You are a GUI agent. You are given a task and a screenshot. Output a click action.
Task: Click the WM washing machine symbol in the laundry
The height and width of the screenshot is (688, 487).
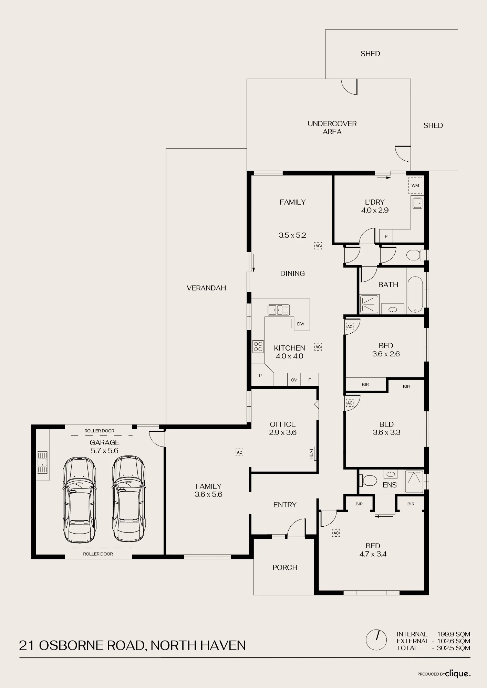[415, 185]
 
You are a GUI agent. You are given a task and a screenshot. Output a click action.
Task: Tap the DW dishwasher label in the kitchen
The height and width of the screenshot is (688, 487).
[301, 324]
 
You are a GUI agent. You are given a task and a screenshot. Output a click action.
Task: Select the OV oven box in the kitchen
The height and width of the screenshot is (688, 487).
[294, 380]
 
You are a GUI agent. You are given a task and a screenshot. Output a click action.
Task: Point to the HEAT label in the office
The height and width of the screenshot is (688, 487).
[312, 453]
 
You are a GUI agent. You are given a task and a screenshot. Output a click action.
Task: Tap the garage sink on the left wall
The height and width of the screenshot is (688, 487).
[42, 462]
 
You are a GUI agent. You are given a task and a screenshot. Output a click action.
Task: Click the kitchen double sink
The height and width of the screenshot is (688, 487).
[279, 310]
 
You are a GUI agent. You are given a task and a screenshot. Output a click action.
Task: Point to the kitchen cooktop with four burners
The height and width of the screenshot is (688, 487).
[258, 346]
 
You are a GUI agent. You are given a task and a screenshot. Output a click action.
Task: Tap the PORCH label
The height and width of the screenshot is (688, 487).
[285, 567]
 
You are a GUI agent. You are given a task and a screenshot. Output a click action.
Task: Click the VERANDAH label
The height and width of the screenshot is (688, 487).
[206, 288]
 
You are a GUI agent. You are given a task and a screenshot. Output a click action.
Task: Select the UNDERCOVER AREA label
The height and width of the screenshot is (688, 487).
[332, 128]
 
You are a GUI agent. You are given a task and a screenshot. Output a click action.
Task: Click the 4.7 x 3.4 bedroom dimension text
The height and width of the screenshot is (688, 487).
[373, 554]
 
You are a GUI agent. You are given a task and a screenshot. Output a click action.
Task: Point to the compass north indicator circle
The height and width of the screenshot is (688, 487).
[377, 640]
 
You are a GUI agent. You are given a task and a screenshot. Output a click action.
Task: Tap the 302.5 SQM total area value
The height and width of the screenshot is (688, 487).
[453, 648]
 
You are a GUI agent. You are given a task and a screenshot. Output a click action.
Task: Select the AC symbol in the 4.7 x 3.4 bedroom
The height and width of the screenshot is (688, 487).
[336, 533]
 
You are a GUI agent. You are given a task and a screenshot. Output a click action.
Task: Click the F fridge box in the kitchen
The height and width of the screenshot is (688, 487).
[310, 380]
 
